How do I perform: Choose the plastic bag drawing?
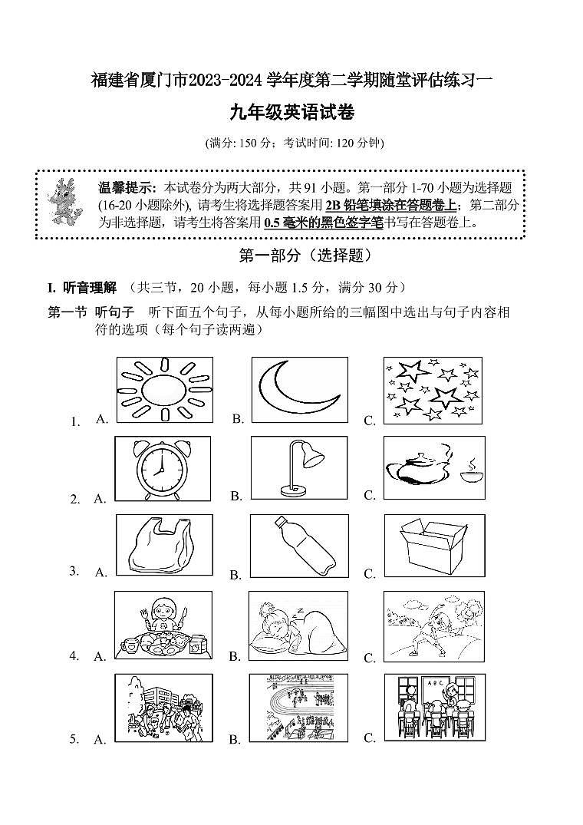point(163,545)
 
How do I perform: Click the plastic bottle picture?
point(299,545)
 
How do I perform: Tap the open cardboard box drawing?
point(434,545)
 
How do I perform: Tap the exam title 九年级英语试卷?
point(291,113)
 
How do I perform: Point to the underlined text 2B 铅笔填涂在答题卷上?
point(393,205)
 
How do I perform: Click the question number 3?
point(74,570)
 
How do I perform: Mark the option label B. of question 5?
point(236,739)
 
